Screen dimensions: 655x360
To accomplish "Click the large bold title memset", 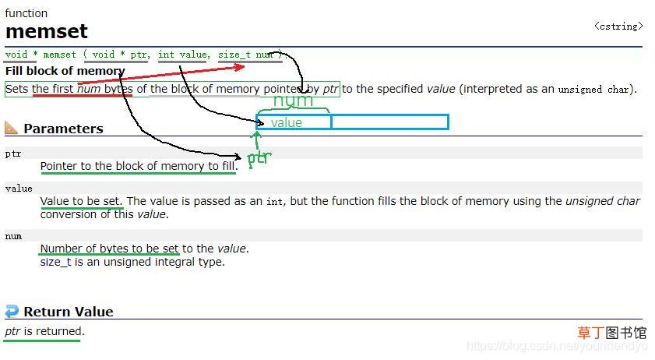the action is tap(47, 31).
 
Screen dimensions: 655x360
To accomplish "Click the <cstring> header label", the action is tap(618, 26).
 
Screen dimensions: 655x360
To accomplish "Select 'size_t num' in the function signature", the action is tap(246, 55).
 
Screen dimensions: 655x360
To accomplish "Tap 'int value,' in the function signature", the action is tap(184, 55).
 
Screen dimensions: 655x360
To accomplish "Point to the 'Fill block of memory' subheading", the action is tap(65, 71).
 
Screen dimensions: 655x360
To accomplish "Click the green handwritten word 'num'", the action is tap(293, 101).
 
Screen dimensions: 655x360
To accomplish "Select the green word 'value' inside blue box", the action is tap(286, 122).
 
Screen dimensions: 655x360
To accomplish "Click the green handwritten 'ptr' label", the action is tap(259, 158).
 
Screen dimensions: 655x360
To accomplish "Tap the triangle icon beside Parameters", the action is tap(11, 128).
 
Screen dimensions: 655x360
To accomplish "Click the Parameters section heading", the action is tap(63, 129).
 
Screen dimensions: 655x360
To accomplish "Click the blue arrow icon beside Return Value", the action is tap(12, 311).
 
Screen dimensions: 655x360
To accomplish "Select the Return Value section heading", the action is tap(69, 312).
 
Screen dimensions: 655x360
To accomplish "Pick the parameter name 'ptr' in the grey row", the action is tap(13, 154).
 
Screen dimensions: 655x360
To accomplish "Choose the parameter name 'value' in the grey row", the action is tap(19, 189).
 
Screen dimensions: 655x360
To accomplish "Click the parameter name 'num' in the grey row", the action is tap(13, 236).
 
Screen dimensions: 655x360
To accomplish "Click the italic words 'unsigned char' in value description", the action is tap(602, 201).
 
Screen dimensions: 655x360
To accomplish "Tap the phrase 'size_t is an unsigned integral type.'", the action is tap(132, 262).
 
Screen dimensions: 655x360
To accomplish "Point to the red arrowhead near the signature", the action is tap(239, 67).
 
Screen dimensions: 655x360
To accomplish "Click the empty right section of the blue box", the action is tap(389, 122).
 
